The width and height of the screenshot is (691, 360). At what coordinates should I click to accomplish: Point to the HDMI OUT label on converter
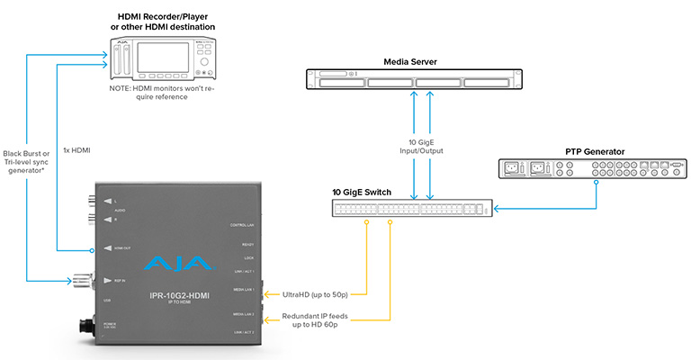coord(120,248)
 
